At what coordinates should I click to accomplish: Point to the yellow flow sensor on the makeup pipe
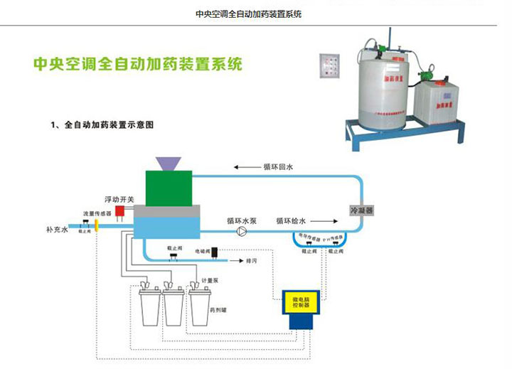click(95, 225)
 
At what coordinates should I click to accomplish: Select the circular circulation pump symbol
click(242, 232)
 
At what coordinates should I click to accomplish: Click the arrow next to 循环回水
click(247, 168)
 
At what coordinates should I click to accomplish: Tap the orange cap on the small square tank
click(436, 83)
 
